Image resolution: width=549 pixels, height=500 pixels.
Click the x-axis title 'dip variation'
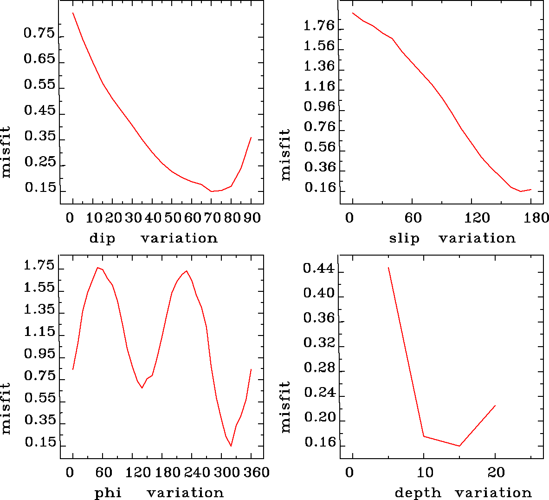pos(153,238)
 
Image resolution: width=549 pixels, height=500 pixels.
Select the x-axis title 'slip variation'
pos(452,238)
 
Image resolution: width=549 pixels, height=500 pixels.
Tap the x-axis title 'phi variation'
pos(159,493)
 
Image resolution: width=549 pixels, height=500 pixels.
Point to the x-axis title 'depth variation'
pos(463,493)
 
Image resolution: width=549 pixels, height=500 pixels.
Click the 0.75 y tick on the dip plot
pos(39,33)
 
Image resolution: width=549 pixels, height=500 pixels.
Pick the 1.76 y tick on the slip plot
pos(319,26)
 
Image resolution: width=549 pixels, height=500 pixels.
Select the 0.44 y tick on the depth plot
pos(319,269)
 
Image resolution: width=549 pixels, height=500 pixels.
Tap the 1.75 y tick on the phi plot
pos(39,266)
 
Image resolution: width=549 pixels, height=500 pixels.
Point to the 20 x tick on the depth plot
pos(496,473)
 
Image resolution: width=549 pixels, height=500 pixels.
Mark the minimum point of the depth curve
pos(459,446)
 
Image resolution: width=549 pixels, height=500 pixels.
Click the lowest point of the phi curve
pos(231,446)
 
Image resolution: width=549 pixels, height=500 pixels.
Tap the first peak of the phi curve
pos(97,268)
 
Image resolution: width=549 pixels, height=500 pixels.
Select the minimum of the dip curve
pos(212,191)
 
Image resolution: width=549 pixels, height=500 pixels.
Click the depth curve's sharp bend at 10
pos(424,436)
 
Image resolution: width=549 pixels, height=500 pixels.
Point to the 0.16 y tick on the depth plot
pos(320,442)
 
